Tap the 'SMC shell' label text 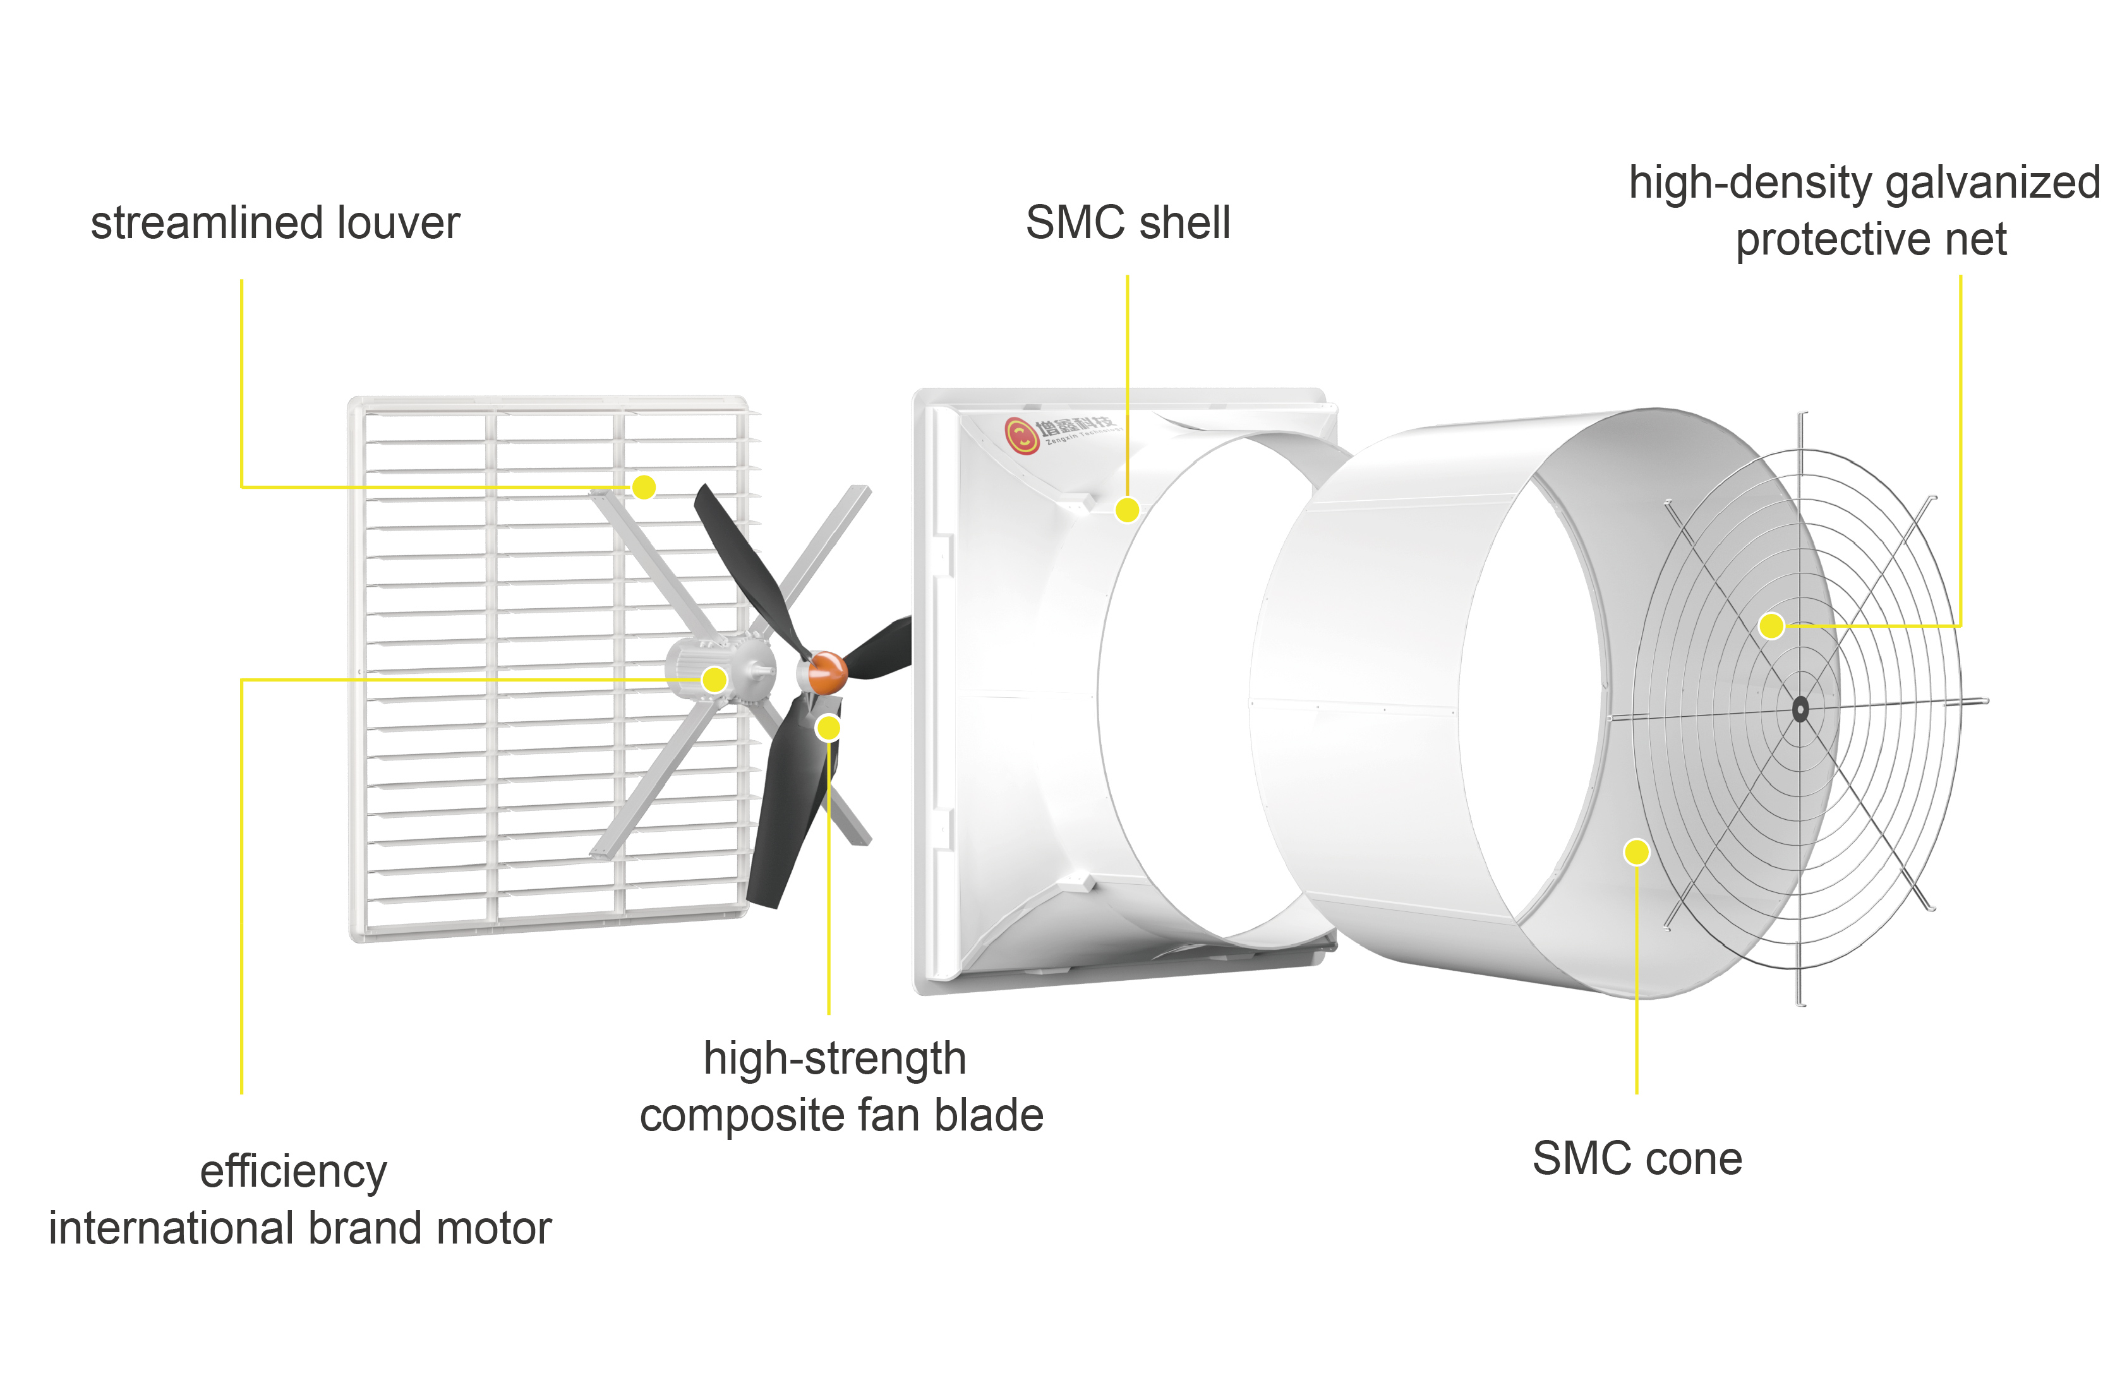pos(1127,222)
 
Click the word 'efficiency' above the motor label pos(293,1172)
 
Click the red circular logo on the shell pos(1021,435)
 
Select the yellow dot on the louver pos(644,487)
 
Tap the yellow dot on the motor pos(714,679)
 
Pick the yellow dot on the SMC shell pos(1127,510)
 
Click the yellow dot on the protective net pos(1771,625)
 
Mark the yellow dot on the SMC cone pos(1636,851)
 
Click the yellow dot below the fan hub pos(828,728)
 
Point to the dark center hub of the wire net pos(1800,709)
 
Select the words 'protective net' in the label pos(1871,239)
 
